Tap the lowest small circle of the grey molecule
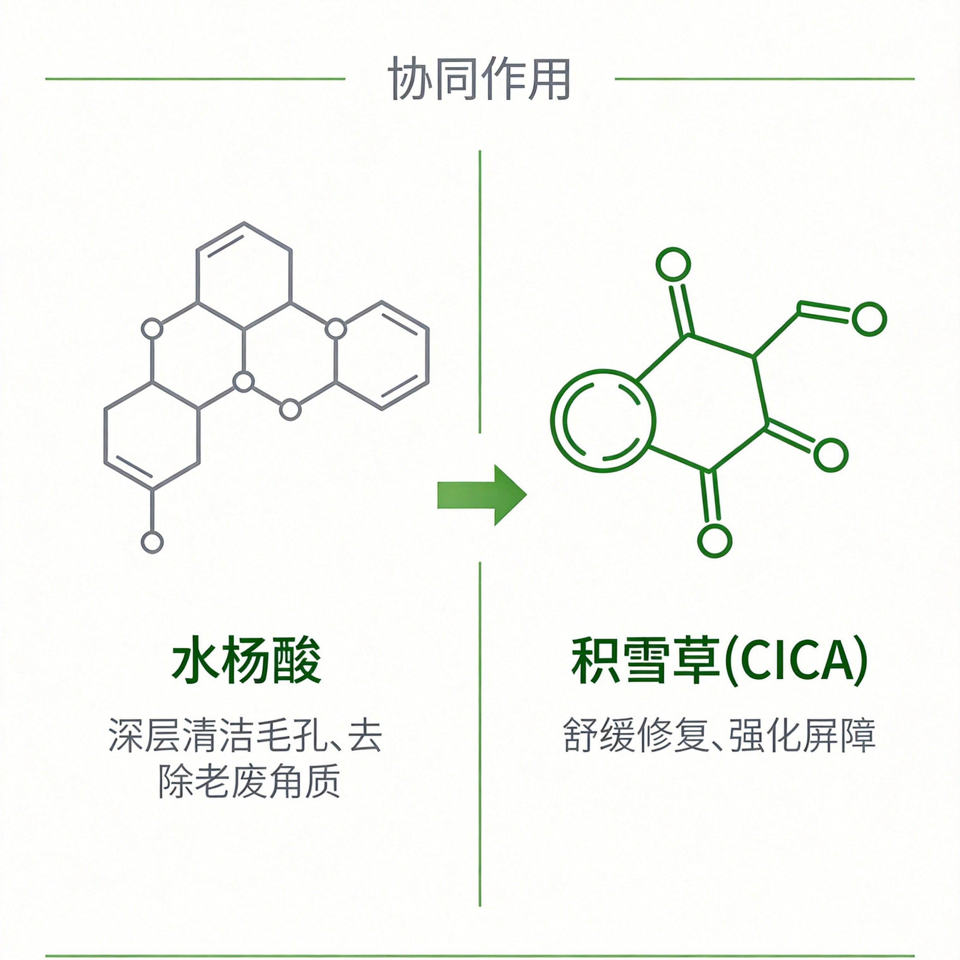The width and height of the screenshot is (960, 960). point(152,542)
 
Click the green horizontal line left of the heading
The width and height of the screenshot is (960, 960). point(195,79)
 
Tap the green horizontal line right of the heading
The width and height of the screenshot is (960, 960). point(764,79)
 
